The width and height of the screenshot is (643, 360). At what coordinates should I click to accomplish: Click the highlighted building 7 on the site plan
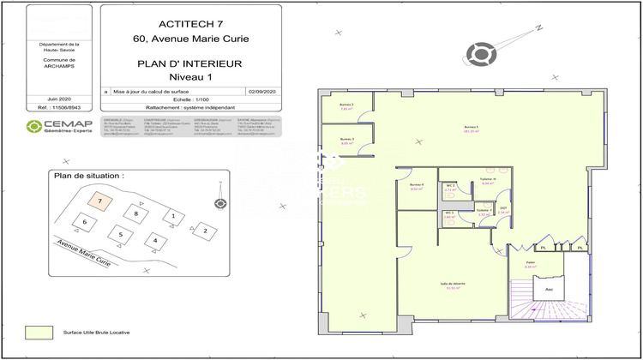pos(100,201)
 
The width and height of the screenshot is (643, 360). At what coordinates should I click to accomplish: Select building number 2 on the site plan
pos(204,230)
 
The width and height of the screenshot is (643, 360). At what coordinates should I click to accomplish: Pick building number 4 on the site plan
pos(154,240)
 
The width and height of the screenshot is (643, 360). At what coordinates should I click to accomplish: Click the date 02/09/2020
pos(260,90)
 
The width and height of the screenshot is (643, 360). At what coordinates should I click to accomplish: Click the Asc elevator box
pos(544,291)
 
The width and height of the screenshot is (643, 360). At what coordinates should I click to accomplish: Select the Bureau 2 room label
pos(347,106)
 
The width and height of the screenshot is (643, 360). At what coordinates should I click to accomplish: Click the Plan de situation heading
pos(89,175)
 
